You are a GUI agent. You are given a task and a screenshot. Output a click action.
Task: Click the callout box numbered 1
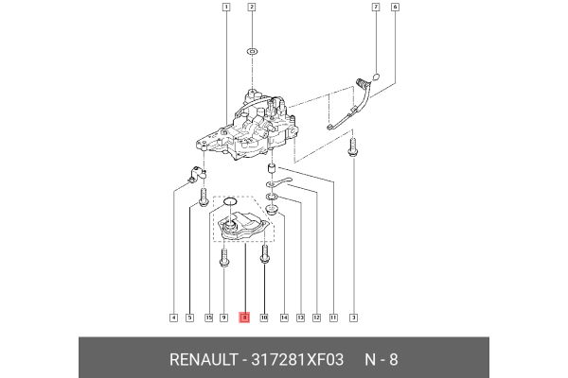pyautogui.click(x=225, y=8)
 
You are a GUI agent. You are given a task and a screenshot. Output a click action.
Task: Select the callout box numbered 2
pyautogui.click(x=252, y=8)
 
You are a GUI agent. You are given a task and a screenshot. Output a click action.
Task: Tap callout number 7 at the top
pyautogui.click(x=376, y=8)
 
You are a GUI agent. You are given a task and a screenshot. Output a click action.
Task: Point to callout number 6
pyautogui.click(x=395, y=8)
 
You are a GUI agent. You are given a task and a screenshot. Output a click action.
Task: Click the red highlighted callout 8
pyautogui.click(x=244, y=318)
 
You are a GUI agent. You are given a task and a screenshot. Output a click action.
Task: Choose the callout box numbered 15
pyautogui.click(x=208, y=318)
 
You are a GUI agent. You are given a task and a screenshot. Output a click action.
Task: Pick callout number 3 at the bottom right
pyautogui.click(x=353, y=318)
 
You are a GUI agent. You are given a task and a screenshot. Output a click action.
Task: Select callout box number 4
pyautogui.click(x=172, y=318)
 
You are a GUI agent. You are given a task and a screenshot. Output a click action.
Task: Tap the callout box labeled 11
pyautogui.click(x=332, y=318)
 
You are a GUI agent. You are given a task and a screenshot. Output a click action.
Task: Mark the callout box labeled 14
pyautogui.click(x=283, y=318)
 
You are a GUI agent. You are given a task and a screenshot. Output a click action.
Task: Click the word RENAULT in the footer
pyautogui.click(x=204, y=360)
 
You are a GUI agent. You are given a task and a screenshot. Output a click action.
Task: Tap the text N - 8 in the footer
pyautogui.click(x=382, y=360)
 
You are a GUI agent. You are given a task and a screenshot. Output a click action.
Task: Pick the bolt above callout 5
pyautogui.click(x=204, y=197)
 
